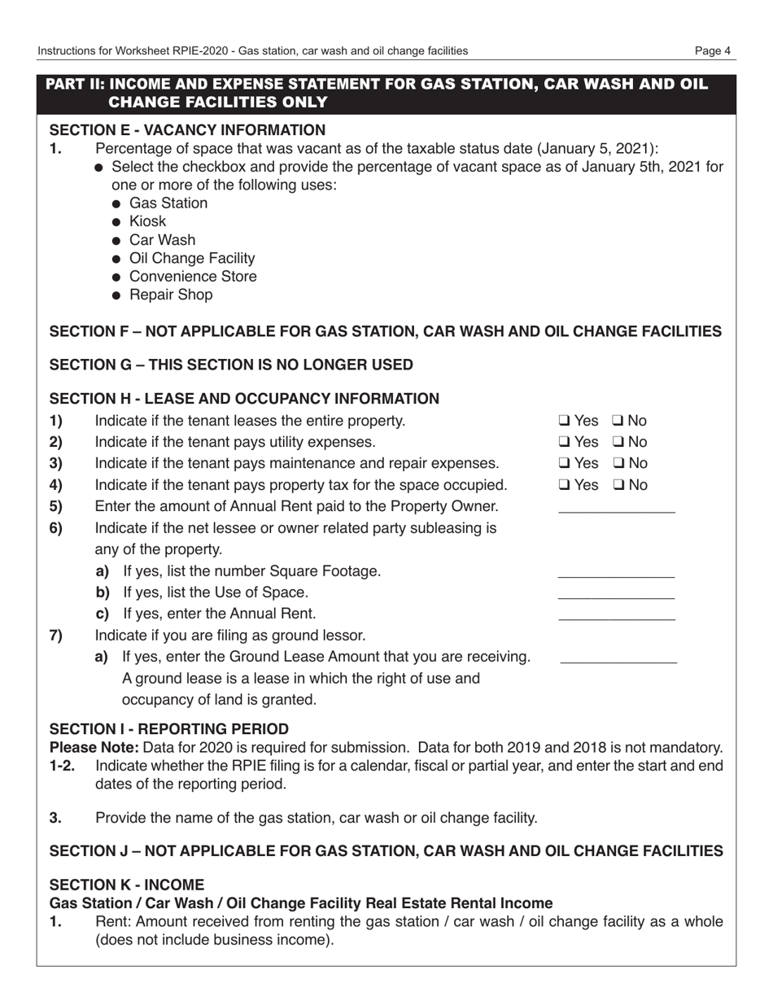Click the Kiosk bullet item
coord(147,221)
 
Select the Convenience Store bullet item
coord(193,277)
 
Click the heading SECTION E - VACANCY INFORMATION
coord(187,130)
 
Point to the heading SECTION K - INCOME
coord(127,884)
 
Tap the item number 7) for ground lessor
coord(56,636)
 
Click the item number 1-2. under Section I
coord(63,766)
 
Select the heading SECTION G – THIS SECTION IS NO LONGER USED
coord(231,365)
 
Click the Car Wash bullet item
coord(162,240)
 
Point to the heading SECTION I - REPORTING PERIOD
coord(169,728)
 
